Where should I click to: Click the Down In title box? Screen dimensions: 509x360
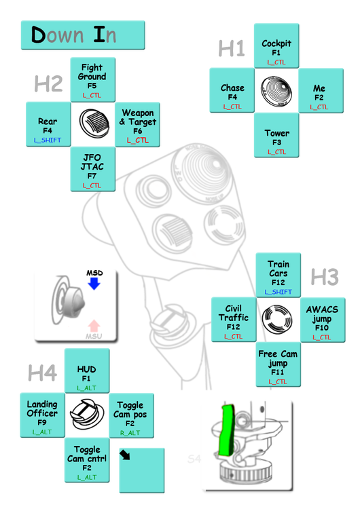point(83,35)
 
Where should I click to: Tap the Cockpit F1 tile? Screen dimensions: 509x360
point(276,46)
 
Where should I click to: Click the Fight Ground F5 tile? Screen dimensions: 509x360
point(92,79)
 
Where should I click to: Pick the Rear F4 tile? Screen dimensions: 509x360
point(48,124)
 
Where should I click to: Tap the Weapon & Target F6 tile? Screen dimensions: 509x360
point(137,124)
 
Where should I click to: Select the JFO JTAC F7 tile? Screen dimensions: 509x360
point(92,169)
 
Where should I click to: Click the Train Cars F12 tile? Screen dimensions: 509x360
point(278,275)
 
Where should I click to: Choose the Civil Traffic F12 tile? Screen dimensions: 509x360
point(233,320)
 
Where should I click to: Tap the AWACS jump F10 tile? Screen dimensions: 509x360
point(322,320)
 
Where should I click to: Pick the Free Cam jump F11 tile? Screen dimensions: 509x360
point(278,364)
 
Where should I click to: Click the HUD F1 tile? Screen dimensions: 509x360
point(86,371)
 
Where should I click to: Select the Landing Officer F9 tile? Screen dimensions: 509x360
point(42,415)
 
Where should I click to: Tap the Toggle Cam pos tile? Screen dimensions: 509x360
point(130,415)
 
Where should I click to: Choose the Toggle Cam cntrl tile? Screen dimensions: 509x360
point(86,460)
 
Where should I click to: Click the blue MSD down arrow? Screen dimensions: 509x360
point(94,282)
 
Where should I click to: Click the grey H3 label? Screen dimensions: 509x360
point(324,277)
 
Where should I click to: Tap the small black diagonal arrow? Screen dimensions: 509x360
point(125,455)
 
